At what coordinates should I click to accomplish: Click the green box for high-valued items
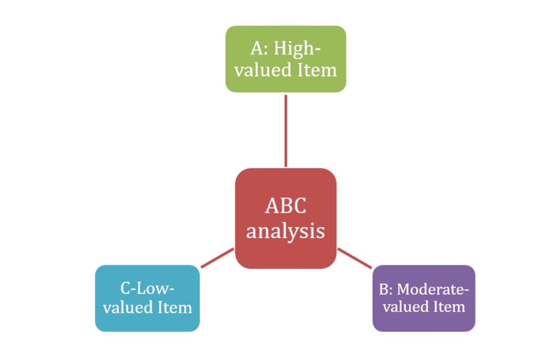(285, 59)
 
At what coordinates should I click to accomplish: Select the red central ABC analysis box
(285, 218)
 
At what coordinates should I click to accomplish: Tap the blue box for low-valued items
(147, 298)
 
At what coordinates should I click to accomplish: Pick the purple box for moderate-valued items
(423, 298)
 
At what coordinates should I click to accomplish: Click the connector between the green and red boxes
(286, 131)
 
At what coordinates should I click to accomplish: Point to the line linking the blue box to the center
(217, 258)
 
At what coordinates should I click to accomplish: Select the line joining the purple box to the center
(354, 258)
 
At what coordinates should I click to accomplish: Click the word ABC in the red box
(285, 206)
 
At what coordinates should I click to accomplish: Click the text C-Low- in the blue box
(147, 289)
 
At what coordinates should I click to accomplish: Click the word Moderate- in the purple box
(433, 290)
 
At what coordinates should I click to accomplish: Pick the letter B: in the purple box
(386, 290)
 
